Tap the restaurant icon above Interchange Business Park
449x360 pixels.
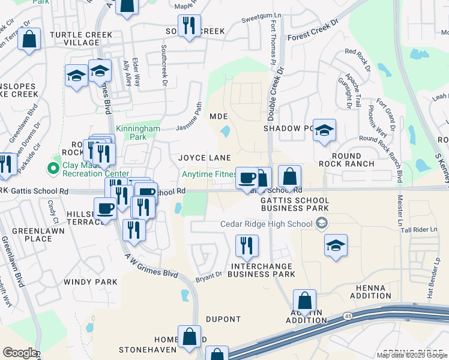[246, 245]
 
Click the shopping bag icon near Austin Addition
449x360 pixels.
[304, 300]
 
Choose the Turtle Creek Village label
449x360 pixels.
[74, 38]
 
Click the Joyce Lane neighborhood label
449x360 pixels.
[205, 158]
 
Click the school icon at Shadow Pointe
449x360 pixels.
[324, 130]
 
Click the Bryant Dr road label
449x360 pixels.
[209, 277]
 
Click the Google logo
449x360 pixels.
[19, 353]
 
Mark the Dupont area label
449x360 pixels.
[223, 319]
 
